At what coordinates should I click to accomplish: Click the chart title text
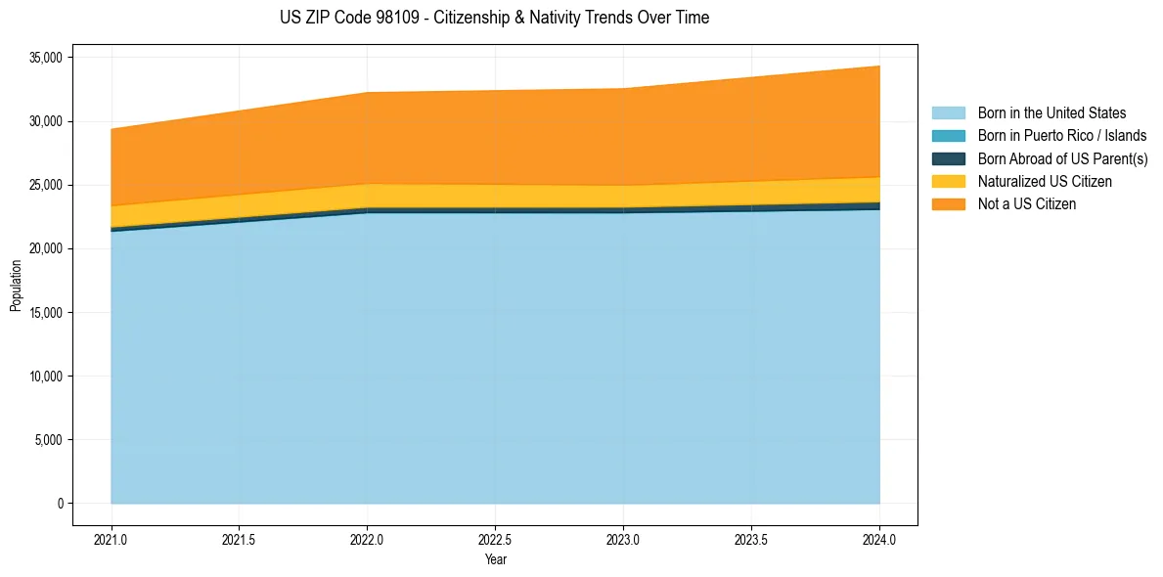pos(494,18)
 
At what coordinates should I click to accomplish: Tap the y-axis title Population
pos(16,286)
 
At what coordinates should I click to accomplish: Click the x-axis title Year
pos(496,559)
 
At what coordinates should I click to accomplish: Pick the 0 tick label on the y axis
pos(60,504)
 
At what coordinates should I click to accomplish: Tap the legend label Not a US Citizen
pos(1026,204)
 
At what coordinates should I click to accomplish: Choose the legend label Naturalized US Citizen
pos(1045,182)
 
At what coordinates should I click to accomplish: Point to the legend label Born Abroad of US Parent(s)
pos(1062,159)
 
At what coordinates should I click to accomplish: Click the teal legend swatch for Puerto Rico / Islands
pos(948,136)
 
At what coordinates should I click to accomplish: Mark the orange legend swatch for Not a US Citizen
pos(948,204)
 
